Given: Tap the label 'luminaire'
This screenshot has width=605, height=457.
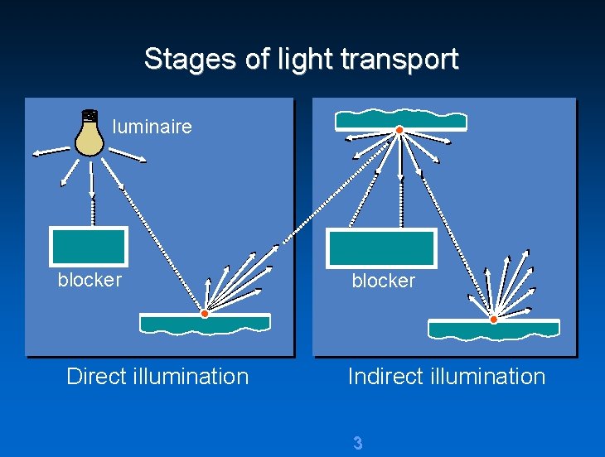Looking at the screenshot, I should [152, 127].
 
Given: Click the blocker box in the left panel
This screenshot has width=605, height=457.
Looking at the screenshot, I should [89, 246].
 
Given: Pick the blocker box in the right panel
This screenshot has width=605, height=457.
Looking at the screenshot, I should [381, 248].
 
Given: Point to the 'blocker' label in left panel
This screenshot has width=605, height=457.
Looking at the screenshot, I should [90, 280].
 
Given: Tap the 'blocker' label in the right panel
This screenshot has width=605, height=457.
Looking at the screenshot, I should [383, 281].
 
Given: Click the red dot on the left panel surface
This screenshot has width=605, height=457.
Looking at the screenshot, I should [205, 314].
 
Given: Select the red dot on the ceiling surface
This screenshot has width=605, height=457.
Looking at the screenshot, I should [399, 131].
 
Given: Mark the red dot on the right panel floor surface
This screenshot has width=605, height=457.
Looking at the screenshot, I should [493, 319].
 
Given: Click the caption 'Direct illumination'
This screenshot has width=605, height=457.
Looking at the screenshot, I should [157, 377].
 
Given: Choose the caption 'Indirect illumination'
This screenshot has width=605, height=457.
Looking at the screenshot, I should [446, 377].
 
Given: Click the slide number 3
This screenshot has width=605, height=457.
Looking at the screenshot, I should [357, 443].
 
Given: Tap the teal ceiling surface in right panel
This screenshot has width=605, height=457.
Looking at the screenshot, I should [400, 121].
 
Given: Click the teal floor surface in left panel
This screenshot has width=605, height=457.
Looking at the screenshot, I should [205, 324].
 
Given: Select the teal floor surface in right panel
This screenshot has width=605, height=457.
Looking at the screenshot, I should [493, 330].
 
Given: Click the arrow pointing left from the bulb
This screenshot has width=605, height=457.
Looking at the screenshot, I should [50, 152].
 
